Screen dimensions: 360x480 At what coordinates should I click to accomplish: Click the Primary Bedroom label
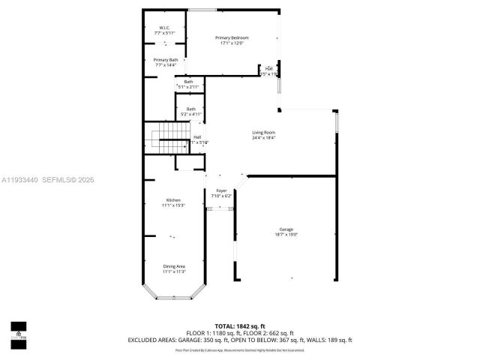coord(232,37)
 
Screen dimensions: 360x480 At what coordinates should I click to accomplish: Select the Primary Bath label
coord(166,59)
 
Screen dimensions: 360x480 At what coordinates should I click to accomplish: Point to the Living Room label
coord(263,133)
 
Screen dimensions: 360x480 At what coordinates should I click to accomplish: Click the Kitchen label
coord(173,200)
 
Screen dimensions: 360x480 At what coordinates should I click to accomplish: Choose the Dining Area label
coord(174,266)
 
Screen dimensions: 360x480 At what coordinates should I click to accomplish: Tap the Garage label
coord(286,229)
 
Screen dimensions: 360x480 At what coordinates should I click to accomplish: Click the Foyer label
coord(221,191)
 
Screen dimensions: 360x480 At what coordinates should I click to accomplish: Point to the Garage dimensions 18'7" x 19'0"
coord(286,235)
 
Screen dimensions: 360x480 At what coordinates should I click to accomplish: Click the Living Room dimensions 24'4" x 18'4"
coord(263,138)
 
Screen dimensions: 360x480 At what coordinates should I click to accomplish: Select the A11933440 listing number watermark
coord(22,179)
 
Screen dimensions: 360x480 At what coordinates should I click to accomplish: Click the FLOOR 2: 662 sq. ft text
coord(268,333)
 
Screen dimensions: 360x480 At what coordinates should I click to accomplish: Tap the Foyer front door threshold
coord(220,209)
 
